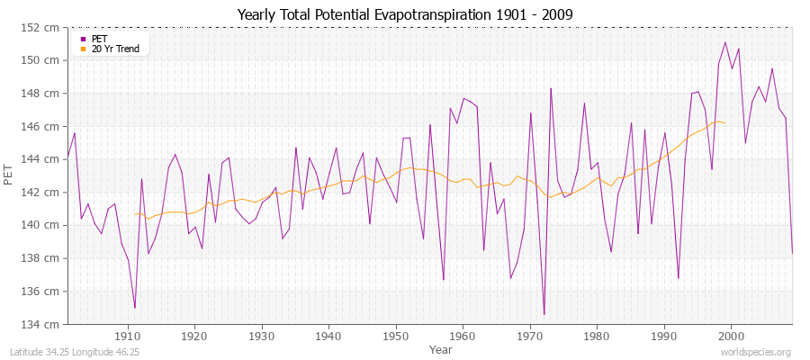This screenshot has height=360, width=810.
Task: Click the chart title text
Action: [x=404, y=15]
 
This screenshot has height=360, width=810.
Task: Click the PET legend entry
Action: [x=99, y=39]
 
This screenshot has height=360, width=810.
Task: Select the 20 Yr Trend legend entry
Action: [x=115, y=49]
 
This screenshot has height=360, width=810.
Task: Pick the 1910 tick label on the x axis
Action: [x=128, y=337]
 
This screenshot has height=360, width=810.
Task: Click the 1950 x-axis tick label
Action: [x=395, y=337]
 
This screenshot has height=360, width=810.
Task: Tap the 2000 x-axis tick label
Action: [x=730, y=337]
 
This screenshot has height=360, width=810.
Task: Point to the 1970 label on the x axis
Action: [x=529, y=337]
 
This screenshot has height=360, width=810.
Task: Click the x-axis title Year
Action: [x=429, y=348]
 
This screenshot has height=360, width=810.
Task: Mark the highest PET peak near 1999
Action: [x=724, y=42]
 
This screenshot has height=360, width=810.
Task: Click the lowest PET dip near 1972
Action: [x=544, y=314]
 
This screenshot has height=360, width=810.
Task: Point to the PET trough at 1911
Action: [x=135, y=308]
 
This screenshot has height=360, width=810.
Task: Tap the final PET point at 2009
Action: [x=792, y=253]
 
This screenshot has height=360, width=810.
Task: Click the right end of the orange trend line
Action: [x=724, y=122]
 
